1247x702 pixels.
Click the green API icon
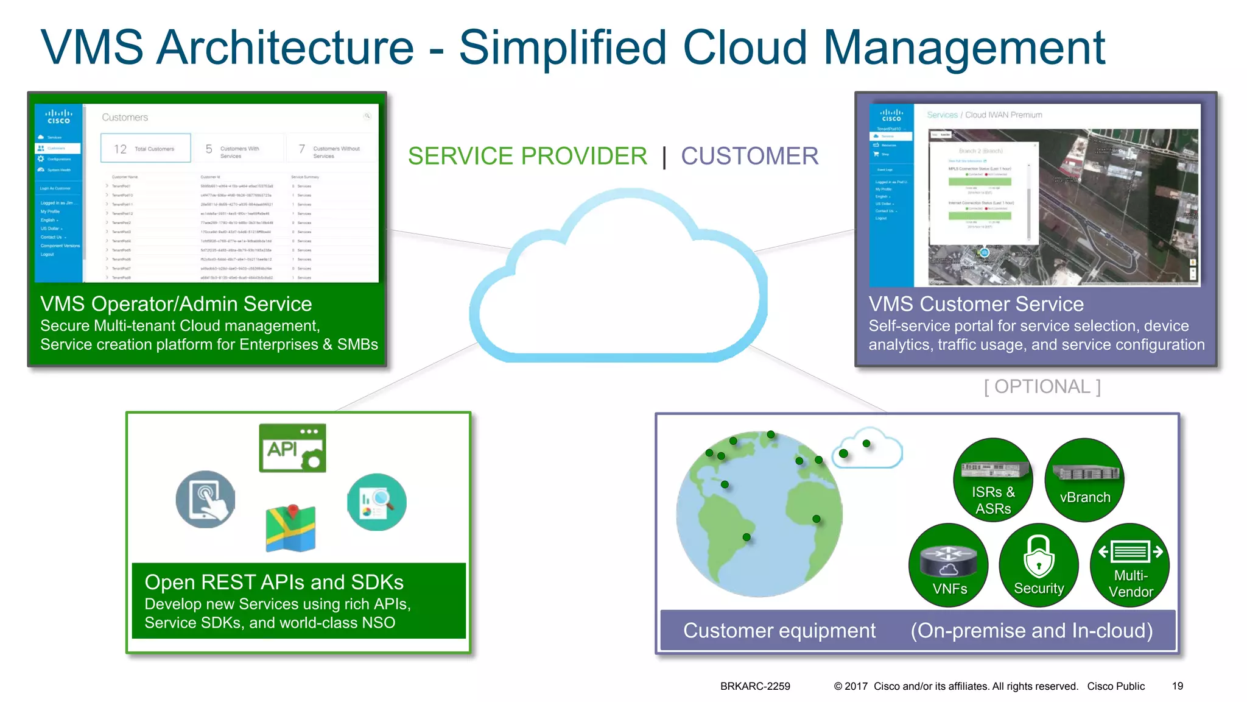[x=292, y=448]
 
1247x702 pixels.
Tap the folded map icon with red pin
[x=291, y=528]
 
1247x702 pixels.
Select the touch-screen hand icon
[x=206, y=499]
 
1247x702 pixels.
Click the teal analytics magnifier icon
[x=377, y=502]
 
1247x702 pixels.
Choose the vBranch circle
[x=1084, y=480]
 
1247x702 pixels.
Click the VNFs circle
[x=949, y=565]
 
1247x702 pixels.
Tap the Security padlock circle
[x=1039, y=565]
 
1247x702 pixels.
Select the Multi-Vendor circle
[x=1130, y=565]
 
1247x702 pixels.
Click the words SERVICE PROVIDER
[x=527, y=156]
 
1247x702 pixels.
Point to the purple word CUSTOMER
[x=750, y=156]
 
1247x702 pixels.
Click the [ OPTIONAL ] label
[x=1042, y=386]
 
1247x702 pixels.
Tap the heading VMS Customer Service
[x=976, y=303]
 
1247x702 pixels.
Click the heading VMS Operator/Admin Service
[x=176, y=303]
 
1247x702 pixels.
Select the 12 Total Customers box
[x=146, y=149]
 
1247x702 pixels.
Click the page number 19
[x=1178, y=686]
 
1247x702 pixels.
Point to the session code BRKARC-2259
[x=755, y=686]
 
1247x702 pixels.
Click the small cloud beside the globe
[x=867, y=450]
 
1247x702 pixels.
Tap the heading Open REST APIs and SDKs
[x=274, y=582]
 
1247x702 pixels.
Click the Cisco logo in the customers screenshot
[x=59, y=116]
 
